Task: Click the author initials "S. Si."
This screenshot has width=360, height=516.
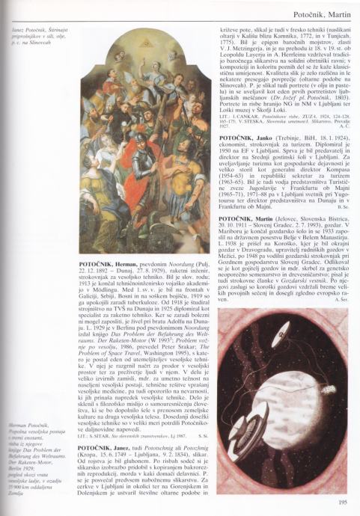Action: pyautogui.click(x=203, y=435)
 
